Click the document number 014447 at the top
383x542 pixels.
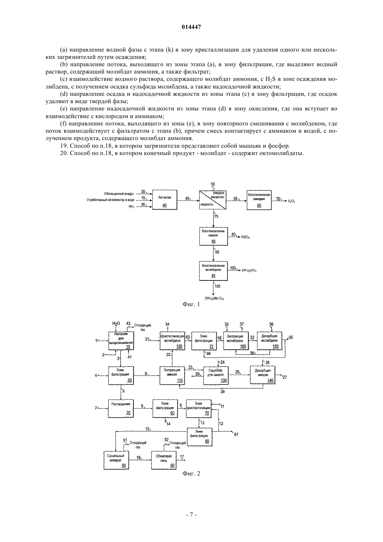[191, 27]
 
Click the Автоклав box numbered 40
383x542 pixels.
[164, 200]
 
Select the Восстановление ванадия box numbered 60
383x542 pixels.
[259, 200]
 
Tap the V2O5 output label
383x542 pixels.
[291, 201]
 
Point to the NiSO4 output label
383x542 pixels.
[245, 237]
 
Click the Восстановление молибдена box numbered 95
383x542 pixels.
[213, 271]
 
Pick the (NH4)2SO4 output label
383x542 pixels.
[249, 271]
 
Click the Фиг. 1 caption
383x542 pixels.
[191, 304]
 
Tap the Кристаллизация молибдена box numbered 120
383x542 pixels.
[172, 341]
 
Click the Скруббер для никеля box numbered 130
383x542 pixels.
[216, 375]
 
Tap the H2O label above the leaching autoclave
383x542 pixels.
[116, 324]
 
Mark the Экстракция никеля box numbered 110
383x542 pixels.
[172, 375]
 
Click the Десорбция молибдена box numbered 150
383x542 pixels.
[269, 341]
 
